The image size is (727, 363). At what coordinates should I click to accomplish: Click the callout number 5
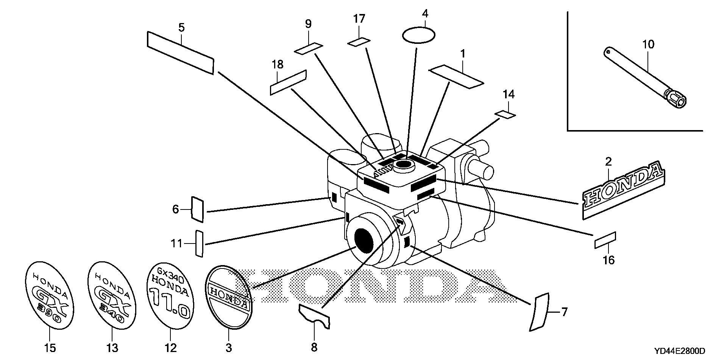coord(181,28)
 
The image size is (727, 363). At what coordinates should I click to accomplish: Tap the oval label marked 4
coord(418,35)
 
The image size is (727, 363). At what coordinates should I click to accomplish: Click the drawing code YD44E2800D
coord(679,351)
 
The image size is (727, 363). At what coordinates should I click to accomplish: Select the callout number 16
coord(609,260)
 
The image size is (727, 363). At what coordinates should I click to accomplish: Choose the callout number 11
coord(176,244)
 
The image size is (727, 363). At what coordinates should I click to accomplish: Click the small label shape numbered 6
coord(198,209)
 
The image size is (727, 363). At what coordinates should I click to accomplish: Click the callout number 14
coord(509,95)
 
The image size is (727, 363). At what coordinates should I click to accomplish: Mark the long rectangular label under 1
coord(456,76)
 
